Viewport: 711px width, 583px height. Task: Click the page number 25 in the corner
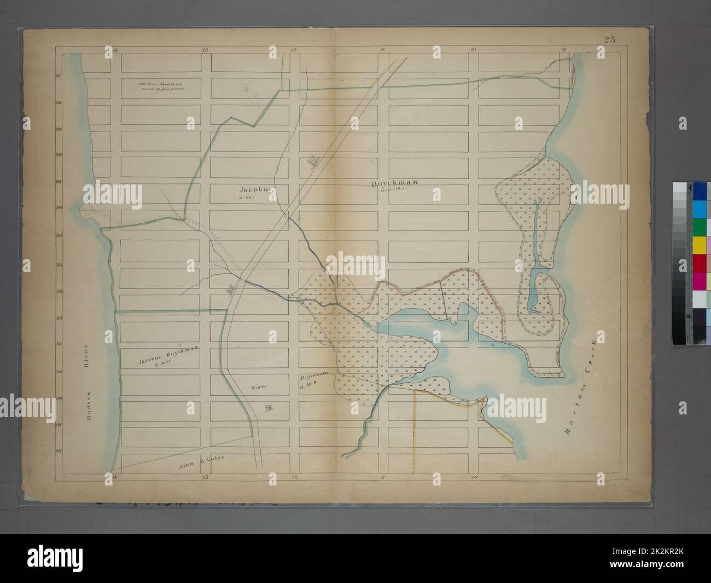(x=610, y=39)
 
